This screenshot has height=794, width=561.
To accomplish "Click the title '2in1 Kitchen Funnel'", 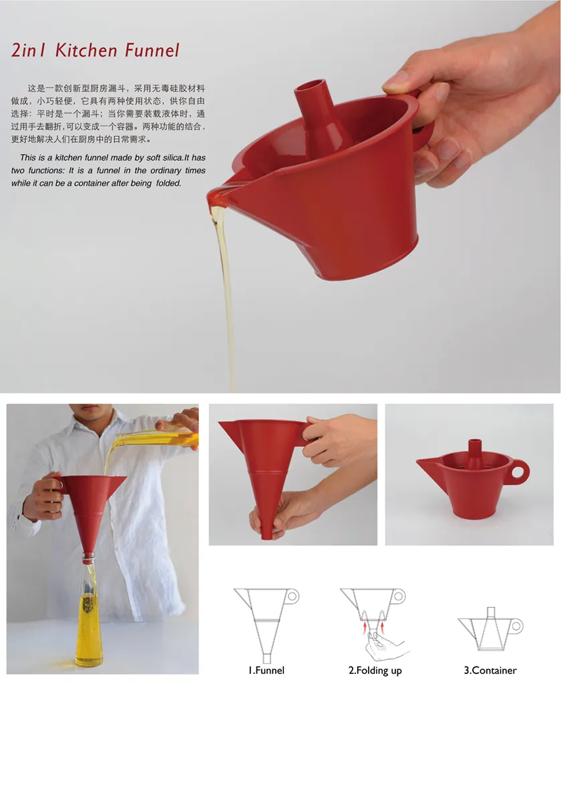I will pos(96,49).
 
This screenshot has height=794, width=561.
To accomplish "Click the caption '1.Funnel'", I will pos(266,670).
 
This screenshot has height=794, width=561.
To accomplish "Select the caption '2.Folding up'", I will pos(375,670).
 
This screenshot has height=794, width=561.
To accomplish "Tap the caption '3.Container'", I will pos(490,670).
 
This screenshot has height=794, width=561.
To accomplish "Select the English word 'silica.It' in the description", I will pos(164,158).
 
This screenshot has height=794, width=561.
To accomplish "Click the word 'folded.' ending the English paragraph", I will pos(168,183).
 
